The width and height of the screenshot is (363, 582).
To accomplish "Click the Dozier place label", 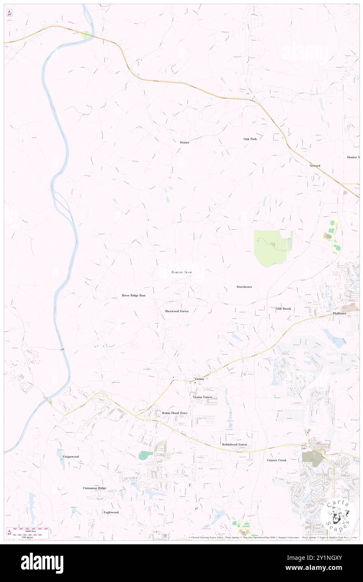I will (184, 142).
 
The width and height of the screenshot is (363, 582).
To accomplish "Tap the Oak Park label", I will (250, 139).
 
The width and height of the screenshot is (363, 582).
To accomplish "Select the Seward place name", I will (315, 166).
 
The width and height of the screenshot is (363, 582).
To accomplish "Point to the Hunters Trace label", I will (181, 272).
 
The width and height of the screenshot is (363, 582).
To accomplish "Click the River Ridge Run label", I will (133, 296).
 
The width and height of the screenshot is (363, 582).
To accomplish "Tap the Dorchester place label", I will (244, 287).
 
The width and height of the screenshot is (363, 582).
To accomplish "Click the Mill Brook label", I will (283, 309).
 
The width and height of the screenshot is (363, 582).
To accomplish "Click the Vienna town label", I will (199, 379).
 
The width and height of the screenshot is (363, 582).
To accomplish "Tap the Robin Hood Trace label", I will (175, 413).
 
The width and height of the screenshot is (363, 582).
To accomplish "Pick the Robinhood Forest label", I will (234, 444).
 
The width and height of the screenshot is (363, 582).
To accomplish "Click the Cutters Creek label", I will (277, 460).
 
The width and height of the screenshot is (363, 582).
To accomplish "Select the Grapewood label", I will (71, 456).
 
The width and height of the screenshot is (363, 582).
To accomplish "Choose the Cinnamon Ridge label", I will (94, 488).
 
